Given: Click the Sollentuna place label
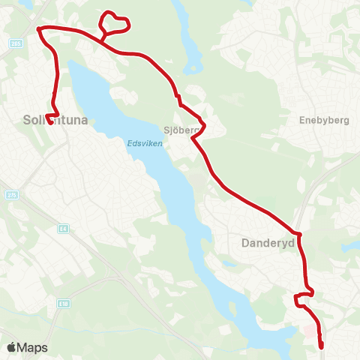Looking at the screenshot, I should point(46,119).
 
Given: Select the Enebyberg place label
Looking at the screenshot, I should point(321,119).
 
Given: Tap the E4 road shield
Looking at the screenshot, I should point(62,228).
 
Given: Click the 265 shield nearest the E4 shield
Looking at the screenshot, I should point(11,195).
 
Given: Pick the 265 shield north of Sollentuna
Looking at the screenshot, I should point(16,44).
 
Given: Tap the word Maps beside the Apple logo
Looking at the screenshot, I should point(32,348).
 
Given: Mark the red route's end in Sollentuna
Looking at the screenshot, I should point(50,122).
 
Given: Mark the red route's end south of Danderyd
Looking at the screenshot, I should point(321,347).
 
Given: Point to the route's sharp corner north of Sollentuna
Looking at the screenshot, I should point(38,28).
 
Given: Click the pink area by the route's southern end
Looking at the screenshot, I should point(308,330).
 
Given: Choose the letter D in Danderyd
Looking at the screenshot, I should point(245,243).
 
